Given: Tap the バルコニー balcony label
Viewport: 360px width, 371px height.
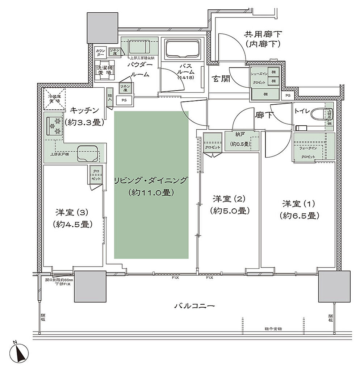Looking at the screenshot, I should pyautogui.click(x=194, y=306).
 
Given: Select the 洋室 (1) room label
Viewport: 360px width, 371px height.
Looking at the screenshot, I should pyautogui.click(x=299, y=209).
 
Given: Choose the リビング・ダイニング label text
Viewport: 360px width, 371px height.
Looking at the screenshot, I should pyautogui.click(x=151, y=186).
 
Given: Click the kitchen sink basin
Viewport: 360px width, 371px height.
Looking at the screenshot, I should pyautogui.click(x=88, y=153).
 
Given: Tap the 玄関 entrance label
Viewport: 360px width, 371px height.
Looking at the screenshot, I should pyautogui.click(x=221, y=79).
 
